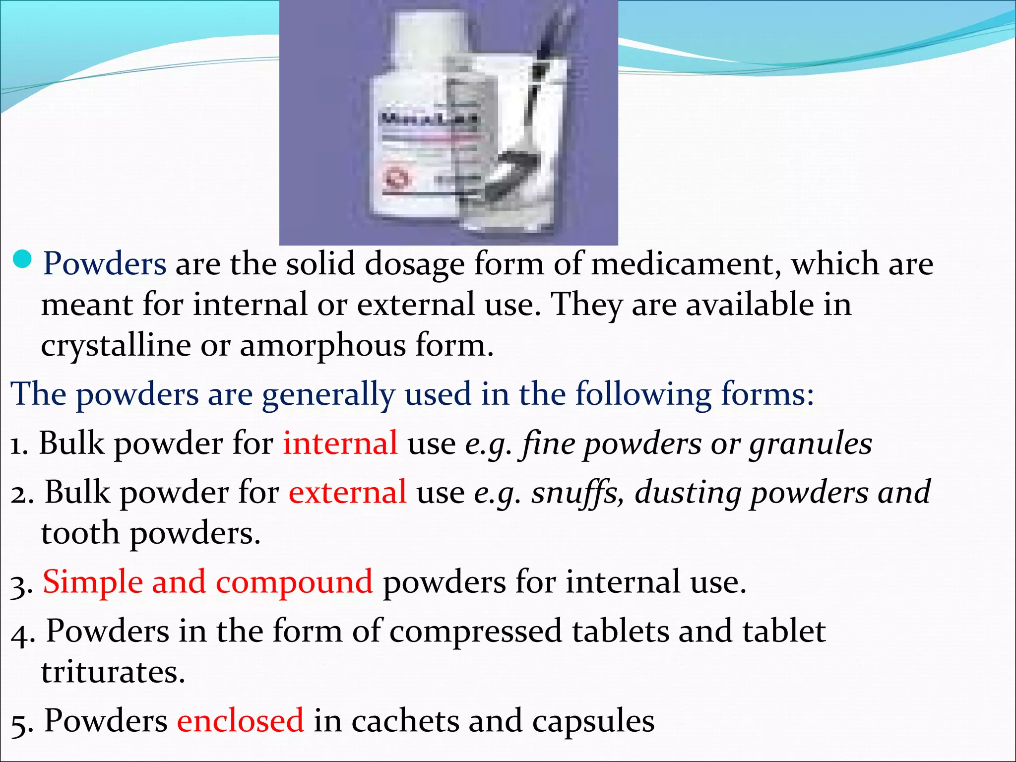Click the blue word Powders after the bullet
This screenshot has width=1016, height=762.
105,264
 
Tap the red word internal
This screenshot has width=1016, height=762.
340,443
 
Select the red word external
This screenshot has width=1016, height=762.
348,493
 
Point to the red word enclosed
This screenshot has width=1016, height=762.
241,721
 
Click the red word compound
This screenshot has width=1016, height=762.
294,582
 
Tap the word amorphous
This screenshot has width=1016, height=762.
323,346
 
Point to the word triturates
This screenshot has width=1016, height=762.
113,672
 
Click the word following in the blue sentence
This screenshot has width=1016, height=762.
643,395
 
